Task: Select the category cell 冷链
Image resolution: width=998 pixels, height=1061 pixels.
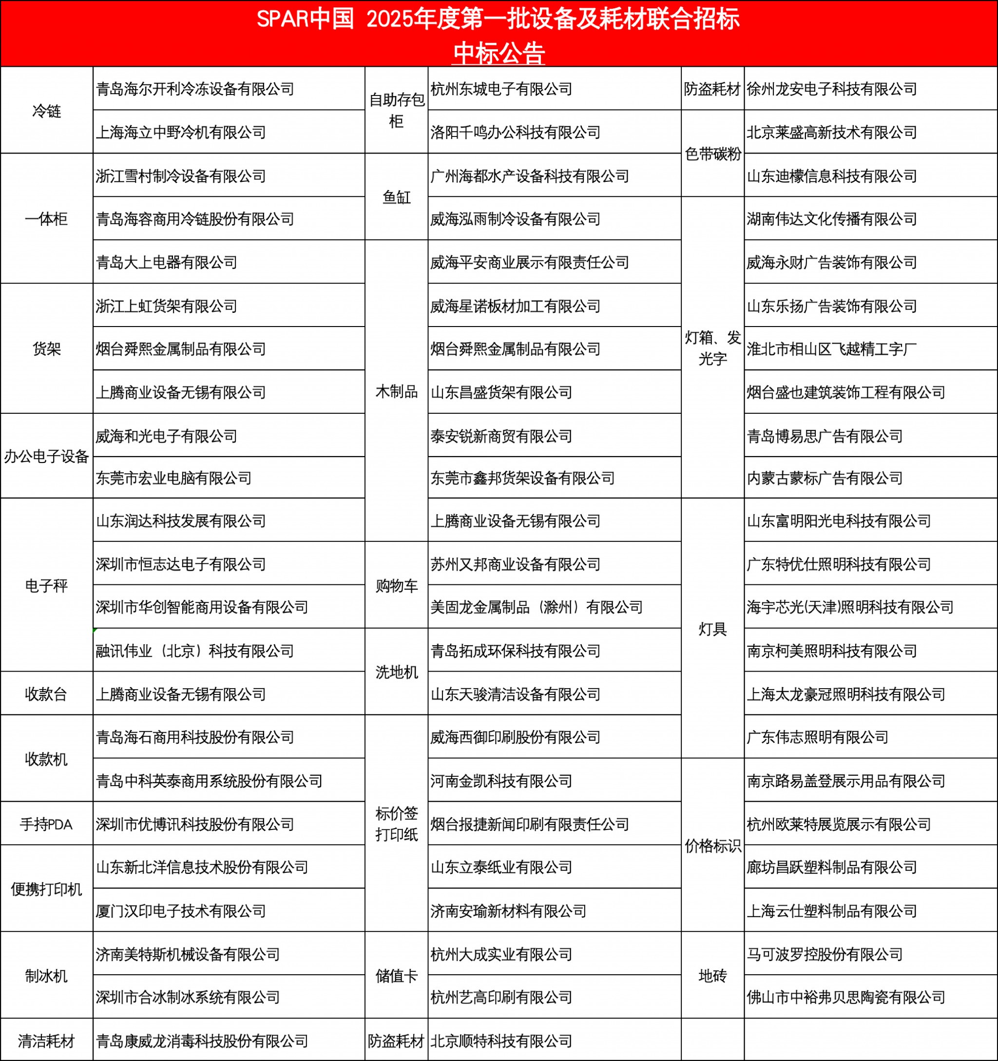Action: point(46,111)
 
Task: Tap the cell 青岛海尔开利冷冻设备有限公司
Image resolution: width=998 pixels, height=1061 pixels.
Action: point(195,89)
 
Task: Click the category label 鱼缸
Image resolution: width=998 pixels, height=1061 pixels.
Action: point(397,197)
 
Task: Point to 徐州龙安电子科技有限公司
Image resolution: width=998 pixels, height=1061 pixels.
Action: point(831,89)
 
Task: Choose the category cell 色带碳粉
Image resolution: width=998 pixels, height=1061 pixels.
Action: point(712,154)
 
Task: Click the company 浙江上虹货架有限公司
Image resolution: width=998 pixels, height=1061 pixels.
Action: point(167,306)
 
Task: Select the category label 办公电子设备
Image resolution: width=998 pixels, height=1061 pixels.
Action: point(46,456)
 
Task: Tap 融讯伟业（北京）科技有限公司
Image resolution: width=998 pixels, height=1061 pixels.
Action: point(195,651)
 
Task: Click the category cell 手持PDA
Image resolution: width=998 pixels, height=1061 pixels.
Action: point(46,824)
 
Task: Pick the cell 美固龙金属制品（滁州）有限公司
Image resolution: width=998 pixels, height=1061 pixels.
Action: point(537,607)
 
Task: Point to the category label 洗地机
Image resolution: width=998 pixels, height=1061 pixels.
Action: point(397,672)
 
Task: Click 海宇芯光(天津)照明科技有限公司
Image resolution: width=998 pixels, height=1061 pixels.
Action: point(850,607)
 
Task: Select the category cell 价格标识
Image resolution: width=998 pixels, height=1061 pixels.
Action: point(712,846)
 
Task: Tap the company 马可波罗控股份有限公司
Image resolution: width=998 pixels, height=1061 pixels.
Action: point(825,954)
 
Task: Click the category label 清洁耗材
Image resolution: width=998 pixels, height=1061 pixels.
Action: point(46,1041)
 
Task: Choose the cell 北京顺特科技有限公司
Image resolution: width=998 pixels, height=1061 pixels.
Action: point(501,1041)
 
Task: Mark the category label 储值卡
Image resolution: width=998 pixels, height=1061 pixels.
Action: point(397,976)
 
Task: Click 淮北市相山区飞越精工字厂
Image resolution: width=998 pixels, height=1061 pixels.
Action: point(831,349)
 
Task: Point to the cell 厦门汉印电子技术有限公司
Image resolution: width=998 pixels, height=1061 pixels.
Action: point(181,911)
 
